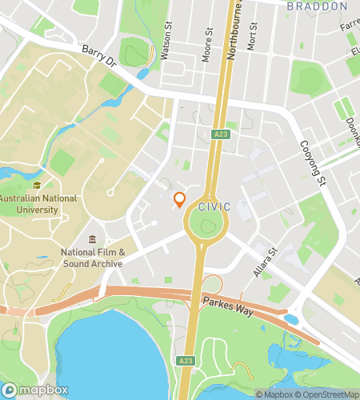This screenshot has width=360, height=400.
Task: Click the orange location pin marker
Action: click(x=179, y=199)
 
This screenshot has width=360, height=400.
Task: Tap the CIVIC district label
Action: click(x=214, y=207)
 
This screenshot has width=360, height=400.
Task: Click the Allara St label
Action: click(x=264, y=262)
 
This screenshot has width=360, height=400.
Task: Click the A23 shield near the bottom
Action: click(x=186, y=362)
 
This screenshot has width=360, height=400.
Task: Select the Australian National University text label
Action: click(x=38, y=204)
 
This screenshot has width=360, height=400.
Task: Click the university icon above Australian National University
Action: click(x=38, y=184)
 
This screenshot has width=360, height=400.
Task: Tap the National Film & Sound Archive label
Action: click(x=92, y=258)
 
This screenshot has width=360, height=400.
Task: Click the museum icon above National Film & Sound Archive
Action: click(x=93, y=239)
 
